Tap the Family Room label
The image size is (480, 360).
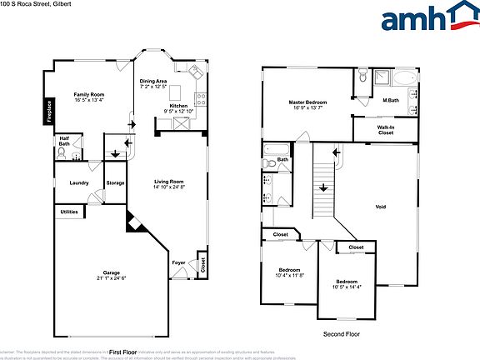point(89,94)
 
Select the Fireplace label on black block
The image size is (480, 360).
point(49,111)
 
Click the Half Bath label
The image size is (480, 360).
point(64,142)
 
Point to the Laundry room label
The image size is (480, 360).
point(79,182)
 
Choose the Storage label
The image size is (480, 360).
point(115,182)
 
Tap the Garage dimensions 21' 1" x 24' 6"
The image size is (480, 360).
point(111,277)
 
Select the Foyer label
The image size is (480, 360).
point(178,262)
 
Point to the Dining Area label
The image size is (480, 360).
point(152,81)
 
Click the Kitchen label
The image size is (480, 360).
point(179,106)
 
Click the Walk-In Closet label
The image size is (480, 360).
point(386,129)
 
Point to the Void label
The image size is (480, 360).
point(380,206)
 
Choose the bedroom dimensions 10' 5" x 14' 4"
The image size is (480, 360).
point(349,287)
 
